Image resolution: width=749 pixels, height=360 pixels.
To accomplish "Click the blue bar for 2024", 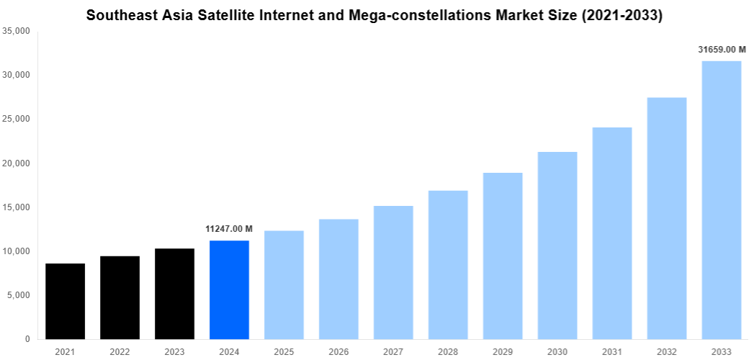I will click(x=229, y=289).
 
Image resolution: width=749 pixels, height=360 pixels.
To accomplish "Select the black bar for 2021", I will click(x=65, y=301).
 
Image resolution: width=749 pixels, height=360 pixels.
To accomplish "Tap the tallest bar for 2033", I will click(x=722, y=200).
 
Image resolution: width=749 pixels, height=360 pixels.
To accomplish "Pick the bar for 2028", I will click(x=448, y=265).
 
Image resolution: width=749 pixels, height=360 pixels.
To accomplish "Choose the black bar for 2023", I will click(x=174, y=294).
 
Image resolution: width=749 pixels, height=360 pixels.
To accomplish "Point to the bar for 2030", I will click(x=557, y=246).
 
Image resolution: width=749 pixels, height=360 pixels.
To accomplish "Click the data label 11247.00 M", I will click(x=229, y=229).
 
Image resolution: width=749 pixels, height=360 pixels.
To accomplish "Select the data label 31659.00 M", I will click(x=722, y=50).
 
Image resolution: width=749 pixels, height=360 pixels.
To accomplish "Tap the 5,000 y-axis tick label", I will click(x=18, y=295).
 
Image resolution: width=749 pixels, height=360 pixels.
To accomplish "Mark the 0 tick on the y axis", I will click(x=27, y=339).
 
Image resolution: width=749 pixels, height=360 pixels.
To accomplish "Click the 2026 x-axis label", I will click(x=338, y=351).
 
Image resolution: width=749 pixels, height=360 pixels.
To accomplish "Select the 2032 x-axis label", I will click(x=667, y=351).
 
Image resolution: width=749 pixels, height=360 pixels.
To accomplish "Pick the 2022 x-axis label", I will click(x=120, y=351).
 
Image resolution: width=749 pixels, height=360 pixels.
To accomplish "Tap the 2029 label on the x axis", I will click(x=503, y=351).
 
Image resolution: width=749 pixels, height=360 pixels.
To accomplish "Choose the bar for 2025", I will click(x=284, y=284).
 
